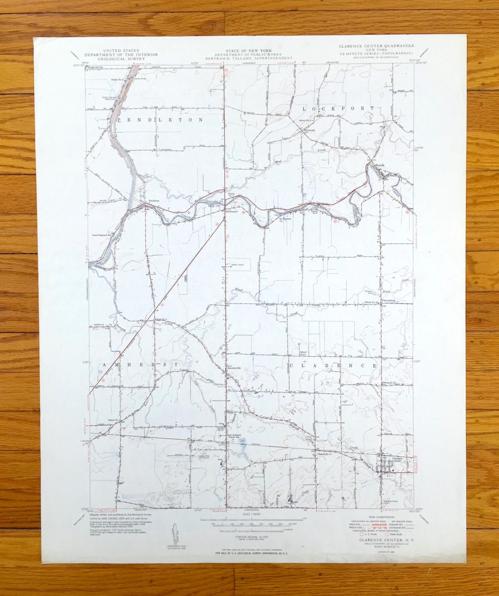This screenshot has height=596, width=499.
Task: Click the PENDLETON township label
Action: click(x=160, y=120)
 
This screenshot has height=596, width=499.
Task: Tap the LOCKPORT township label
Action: click(x=339, y=108)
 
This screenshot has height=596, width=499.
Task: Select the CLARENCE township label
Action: click(x=339, y=366)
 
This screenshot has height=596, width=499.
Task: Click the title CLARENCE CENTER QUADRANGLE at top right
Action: click(x=376, y=46)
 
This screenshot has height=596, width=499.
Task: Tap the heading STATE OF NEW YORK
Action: click(x=249, y=50)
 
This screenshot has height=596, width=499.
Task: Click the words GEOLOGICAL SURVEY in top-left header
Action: click(x=121, y=59)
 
